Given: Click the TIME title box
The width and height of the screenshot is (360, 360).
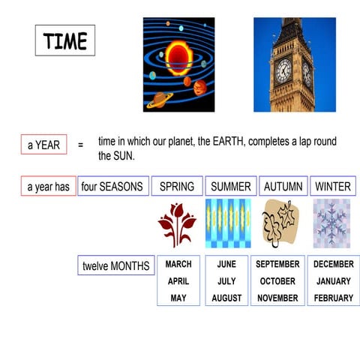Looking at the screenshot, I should click(65, 41).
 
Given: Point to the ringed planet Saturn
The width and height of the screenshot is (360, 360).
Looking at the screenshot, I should click(160, 100).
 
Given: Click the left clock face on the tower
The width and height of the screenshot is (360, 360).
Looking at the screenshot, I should click(283, 71).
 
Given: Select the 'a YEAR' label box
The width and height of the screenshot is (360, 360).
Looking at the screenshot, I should click(43, 145).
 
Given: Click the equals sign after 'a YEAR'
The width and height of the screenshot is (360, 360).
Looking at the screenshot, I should click(80, 145).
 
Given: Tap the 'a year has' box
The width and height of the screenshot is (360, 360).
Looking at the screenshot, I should click(48, 186).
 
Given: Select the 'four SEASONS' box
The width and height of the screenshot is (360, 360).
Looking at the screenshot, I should click(112, 186).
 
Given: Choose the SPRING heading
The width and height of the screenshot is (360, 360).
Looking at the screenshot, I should click(177, 186).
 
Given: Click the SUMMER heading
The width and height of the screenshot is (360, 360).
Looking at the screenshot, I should click(231, 186).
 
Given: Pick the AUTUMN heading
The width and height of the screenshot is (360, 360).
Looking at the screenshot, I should click(283, 186).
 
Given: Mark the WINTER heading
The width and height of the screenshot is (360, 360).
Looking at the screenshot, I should click(333, 186).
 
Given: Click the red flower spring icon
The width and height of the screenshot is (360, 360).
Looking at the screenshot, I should click(177, 223).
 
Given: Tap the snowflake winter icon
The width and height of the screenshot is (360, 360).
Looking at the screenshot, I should click(331, 223).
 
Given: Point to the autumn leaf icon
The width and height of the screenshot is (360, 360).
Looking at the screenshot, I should click(280, 223).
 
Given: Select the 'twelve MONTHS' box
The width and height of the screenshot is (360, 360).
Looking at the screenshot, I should click(116, 265).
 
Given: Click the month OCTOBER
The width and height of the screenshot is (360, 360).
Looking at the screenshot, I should click(277, 281).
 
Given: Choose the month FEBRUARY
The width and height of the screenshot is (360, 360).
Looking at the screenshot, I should click(333, 298).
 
